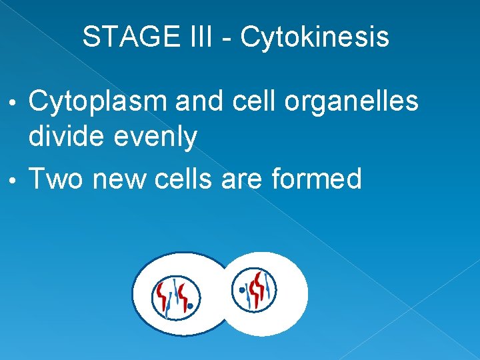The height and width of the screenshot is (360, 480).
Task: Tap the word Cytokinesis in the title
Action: click(314, 37)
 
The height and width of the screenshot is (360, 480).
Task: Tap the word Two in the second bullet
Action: click(57, 179)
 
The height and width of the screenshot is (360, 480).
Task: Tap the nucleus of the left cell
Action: click(174, 295)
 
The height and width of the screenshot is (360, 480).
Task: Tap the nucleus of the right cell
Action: click(255, 289)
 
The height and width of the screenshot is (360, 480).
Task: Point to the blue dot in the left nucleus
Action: click(191, 307)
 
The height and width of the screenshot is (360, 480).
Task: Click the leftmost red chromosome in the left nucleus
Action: click(161, 293)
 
